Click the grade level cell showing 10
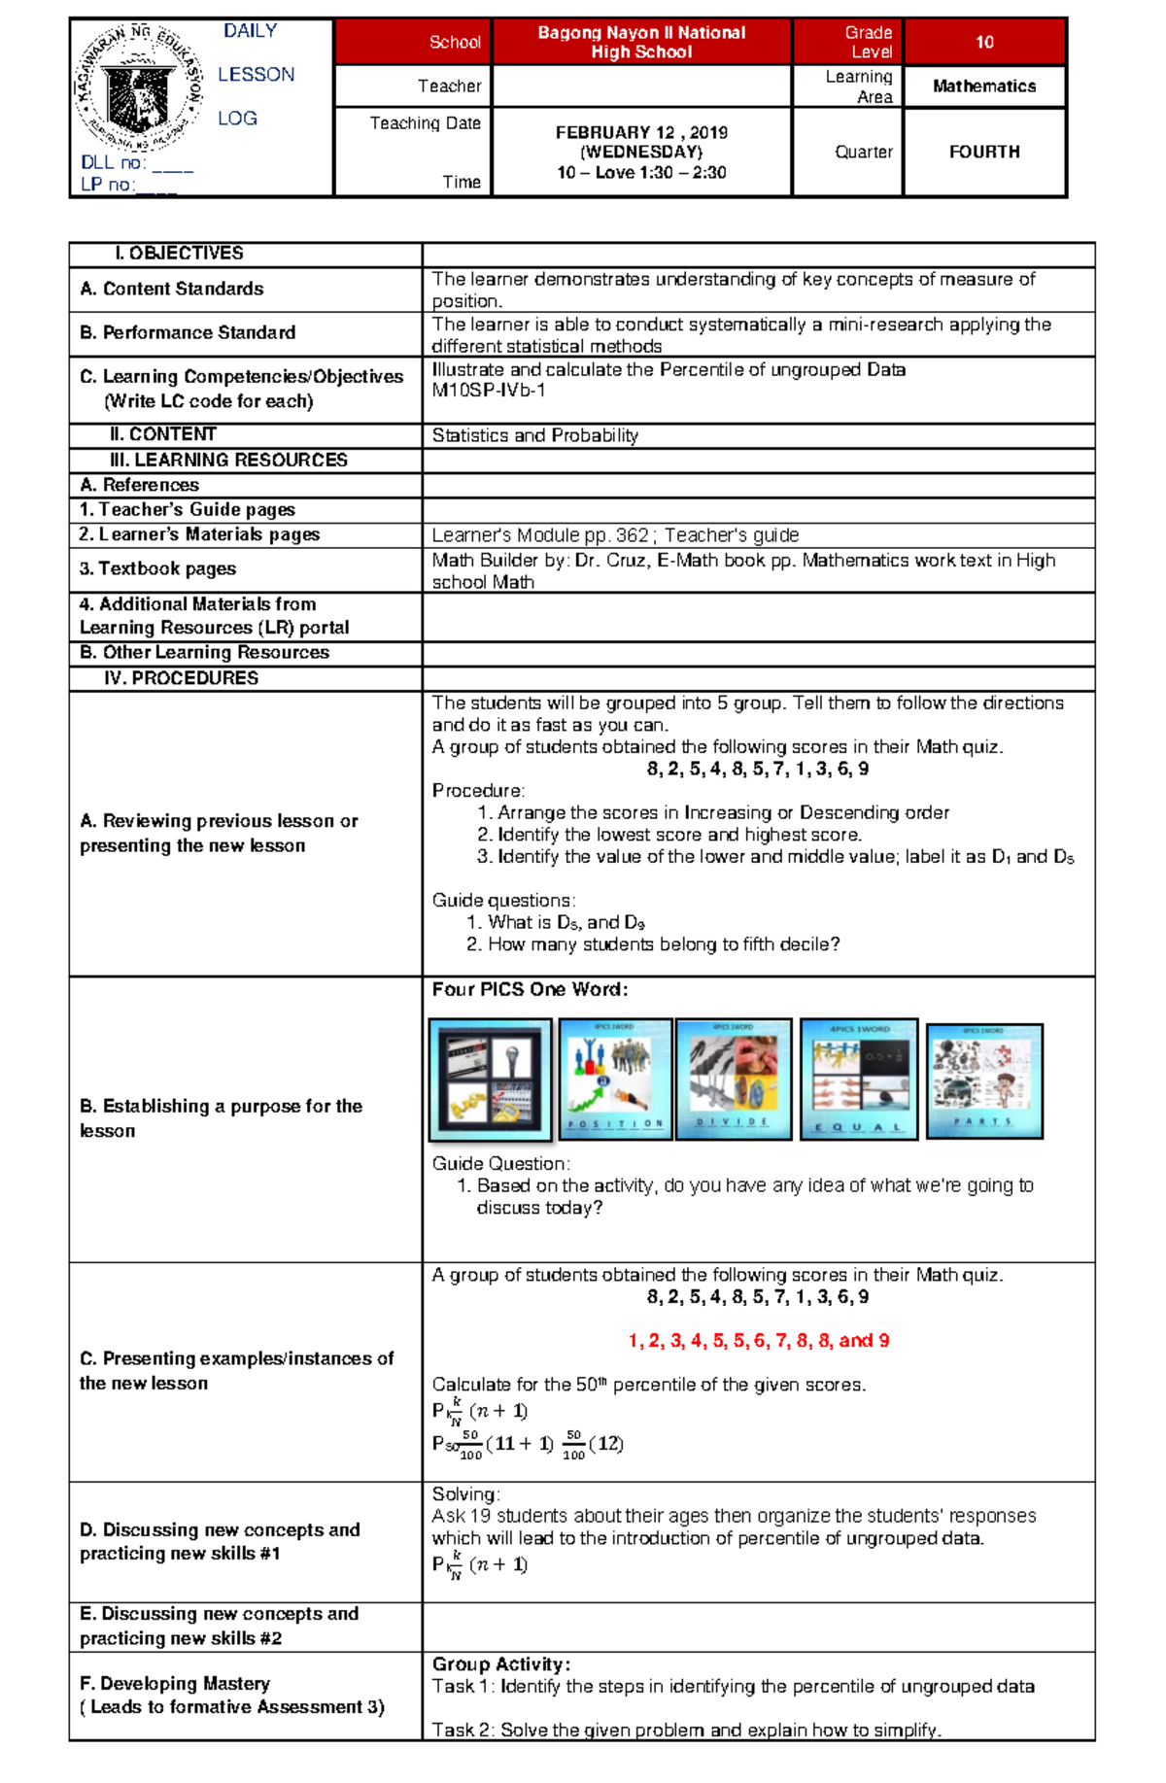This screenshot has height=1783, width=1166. (984, 42)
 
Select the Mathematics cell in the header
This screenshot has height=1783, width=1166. (984, 86)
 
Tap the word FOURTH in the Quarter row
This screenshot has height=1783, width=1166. (984, 152)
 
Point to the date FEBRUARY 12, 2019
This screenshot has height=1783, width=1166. (641, 132)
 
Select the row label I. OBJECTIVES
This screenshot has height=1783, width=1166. (179, 254)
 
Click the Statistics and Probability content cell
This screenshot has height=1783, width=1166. (534, 435)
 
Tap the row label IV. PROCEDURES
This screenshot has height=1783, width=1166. (182, 678)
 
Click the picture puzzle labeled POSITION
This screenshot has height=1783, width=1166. (615, 1079)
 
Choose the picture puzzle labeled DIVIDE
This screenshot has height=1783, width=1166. (734, 1079)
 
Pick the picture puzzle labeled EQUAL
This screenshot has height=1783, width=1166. (858, 1079)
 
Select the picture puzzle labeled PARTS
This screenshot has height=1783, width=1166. (983, 1080)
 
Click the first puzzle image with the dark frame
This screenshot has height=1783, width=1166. (491, 1080)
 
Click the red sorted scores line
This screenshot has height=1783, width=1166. (758, 1341)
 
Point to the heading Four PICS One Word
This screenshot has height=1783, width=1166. (530, 990)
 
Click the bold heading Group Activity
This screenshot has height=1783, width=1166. (500, 1664)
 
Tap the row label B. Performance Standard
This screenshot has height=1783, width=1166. (188, 333)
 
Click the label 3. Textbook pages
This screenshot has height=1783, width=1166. (157, 569)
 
